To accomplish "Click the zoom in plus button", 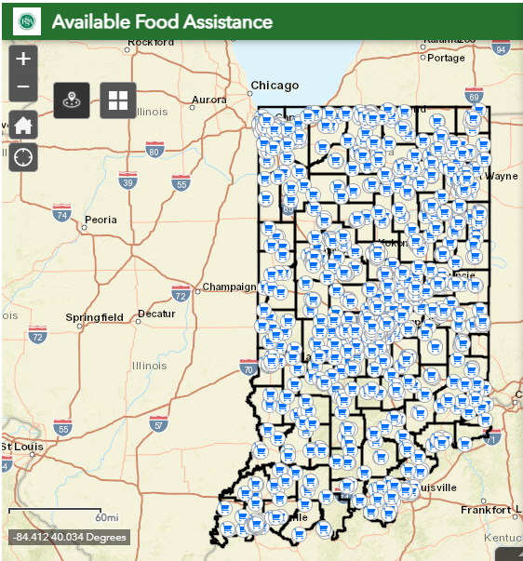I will (x=23, y=59).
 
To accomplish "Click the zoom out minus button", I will (x=23, y=87).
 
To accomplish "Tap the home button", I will (x=23, y=124).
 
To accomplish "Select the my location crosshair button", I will (x=23, y=157).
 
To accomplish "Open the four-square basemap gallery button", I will (x=118, y=100).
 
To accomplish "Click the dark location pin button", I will (x=72, y=100).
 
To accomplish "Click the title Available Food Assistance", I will (x=162, y=21).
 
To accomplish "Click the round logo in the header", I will (x=26, y=20).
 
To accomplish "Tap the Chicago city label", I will (x=275, y=86).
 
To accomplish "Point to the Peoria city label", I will (x=101, y=220).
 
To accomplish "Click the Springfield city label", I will (x=94, y=318).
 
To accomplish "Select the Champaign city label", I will (x=230, y=287).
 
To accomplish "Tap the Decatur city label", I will (x=155, y=314).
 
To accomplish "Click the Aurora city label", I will (x=208, y=100).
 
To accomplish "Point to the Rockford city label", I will (x=151, y=42).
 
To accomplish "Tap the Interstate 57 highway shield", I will (x=158, y=423).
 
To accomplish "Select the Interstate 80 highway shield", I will (x=155, y=148).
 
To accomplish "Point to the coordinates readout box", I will (x=67, y=537).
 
